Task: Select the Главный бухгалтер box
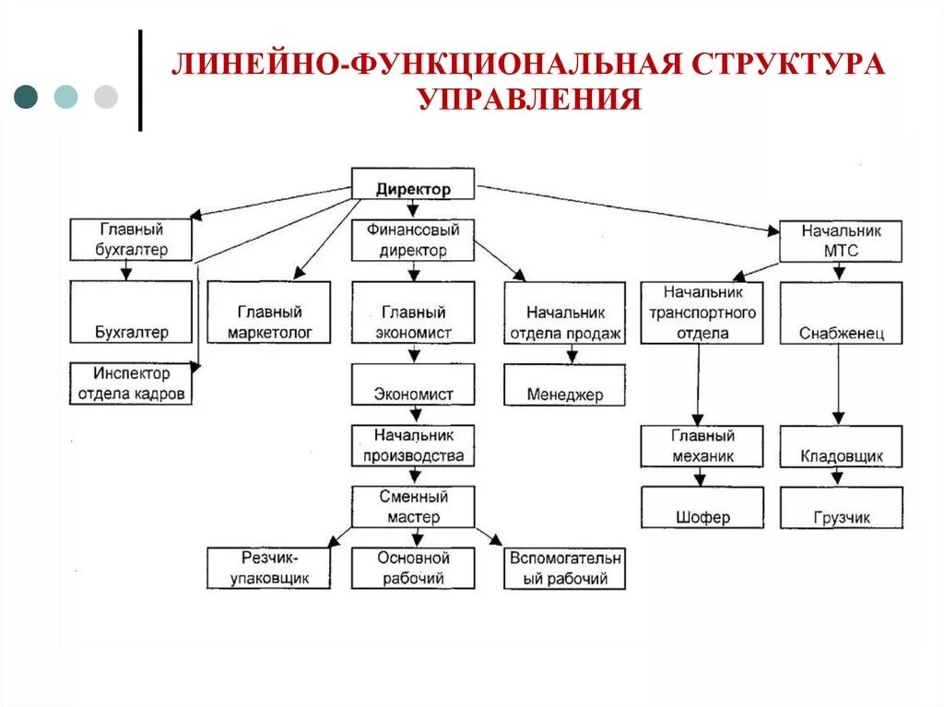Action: (131, 240)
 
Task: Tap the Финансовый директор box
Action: (413, 240)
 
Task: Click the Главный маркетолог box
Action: (269, 312)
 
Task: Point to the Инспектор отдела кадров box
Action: (131, 383)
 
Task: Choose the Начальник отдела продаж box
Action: (565, 312)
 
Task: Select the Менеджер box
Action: (565, 384)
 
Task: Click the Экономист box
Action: (413, 384)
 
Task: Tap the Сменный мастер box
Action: (413, 507)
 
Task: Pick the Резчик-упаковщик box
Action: (269, 568)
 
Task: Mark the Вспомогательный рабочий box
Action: (565, 568)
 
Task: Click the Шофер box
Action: (702, 507)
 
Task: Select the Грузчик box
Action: (841, 507)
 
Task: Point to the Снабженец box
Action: (841, 312)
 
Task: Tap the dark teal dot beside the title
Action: (27, 97)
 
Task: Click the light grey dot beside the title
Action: (106, 97)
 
